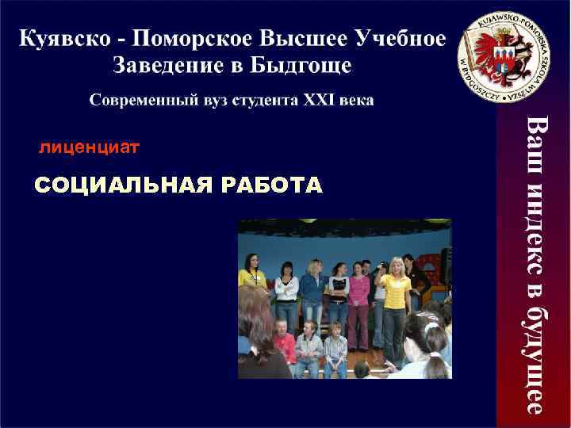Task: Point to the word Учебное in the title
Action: coord(400,37)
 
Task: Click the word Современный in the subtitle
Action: coord(140,101)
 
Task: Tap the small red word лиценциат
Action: coord(89,147)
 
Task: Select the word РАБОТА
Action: coord(274,185)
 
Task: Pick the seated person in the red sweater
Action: coord(285,346)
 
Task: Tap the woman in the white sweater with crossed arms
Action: coord(285,293)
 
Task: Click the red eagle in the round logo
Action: coord(485,55)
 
